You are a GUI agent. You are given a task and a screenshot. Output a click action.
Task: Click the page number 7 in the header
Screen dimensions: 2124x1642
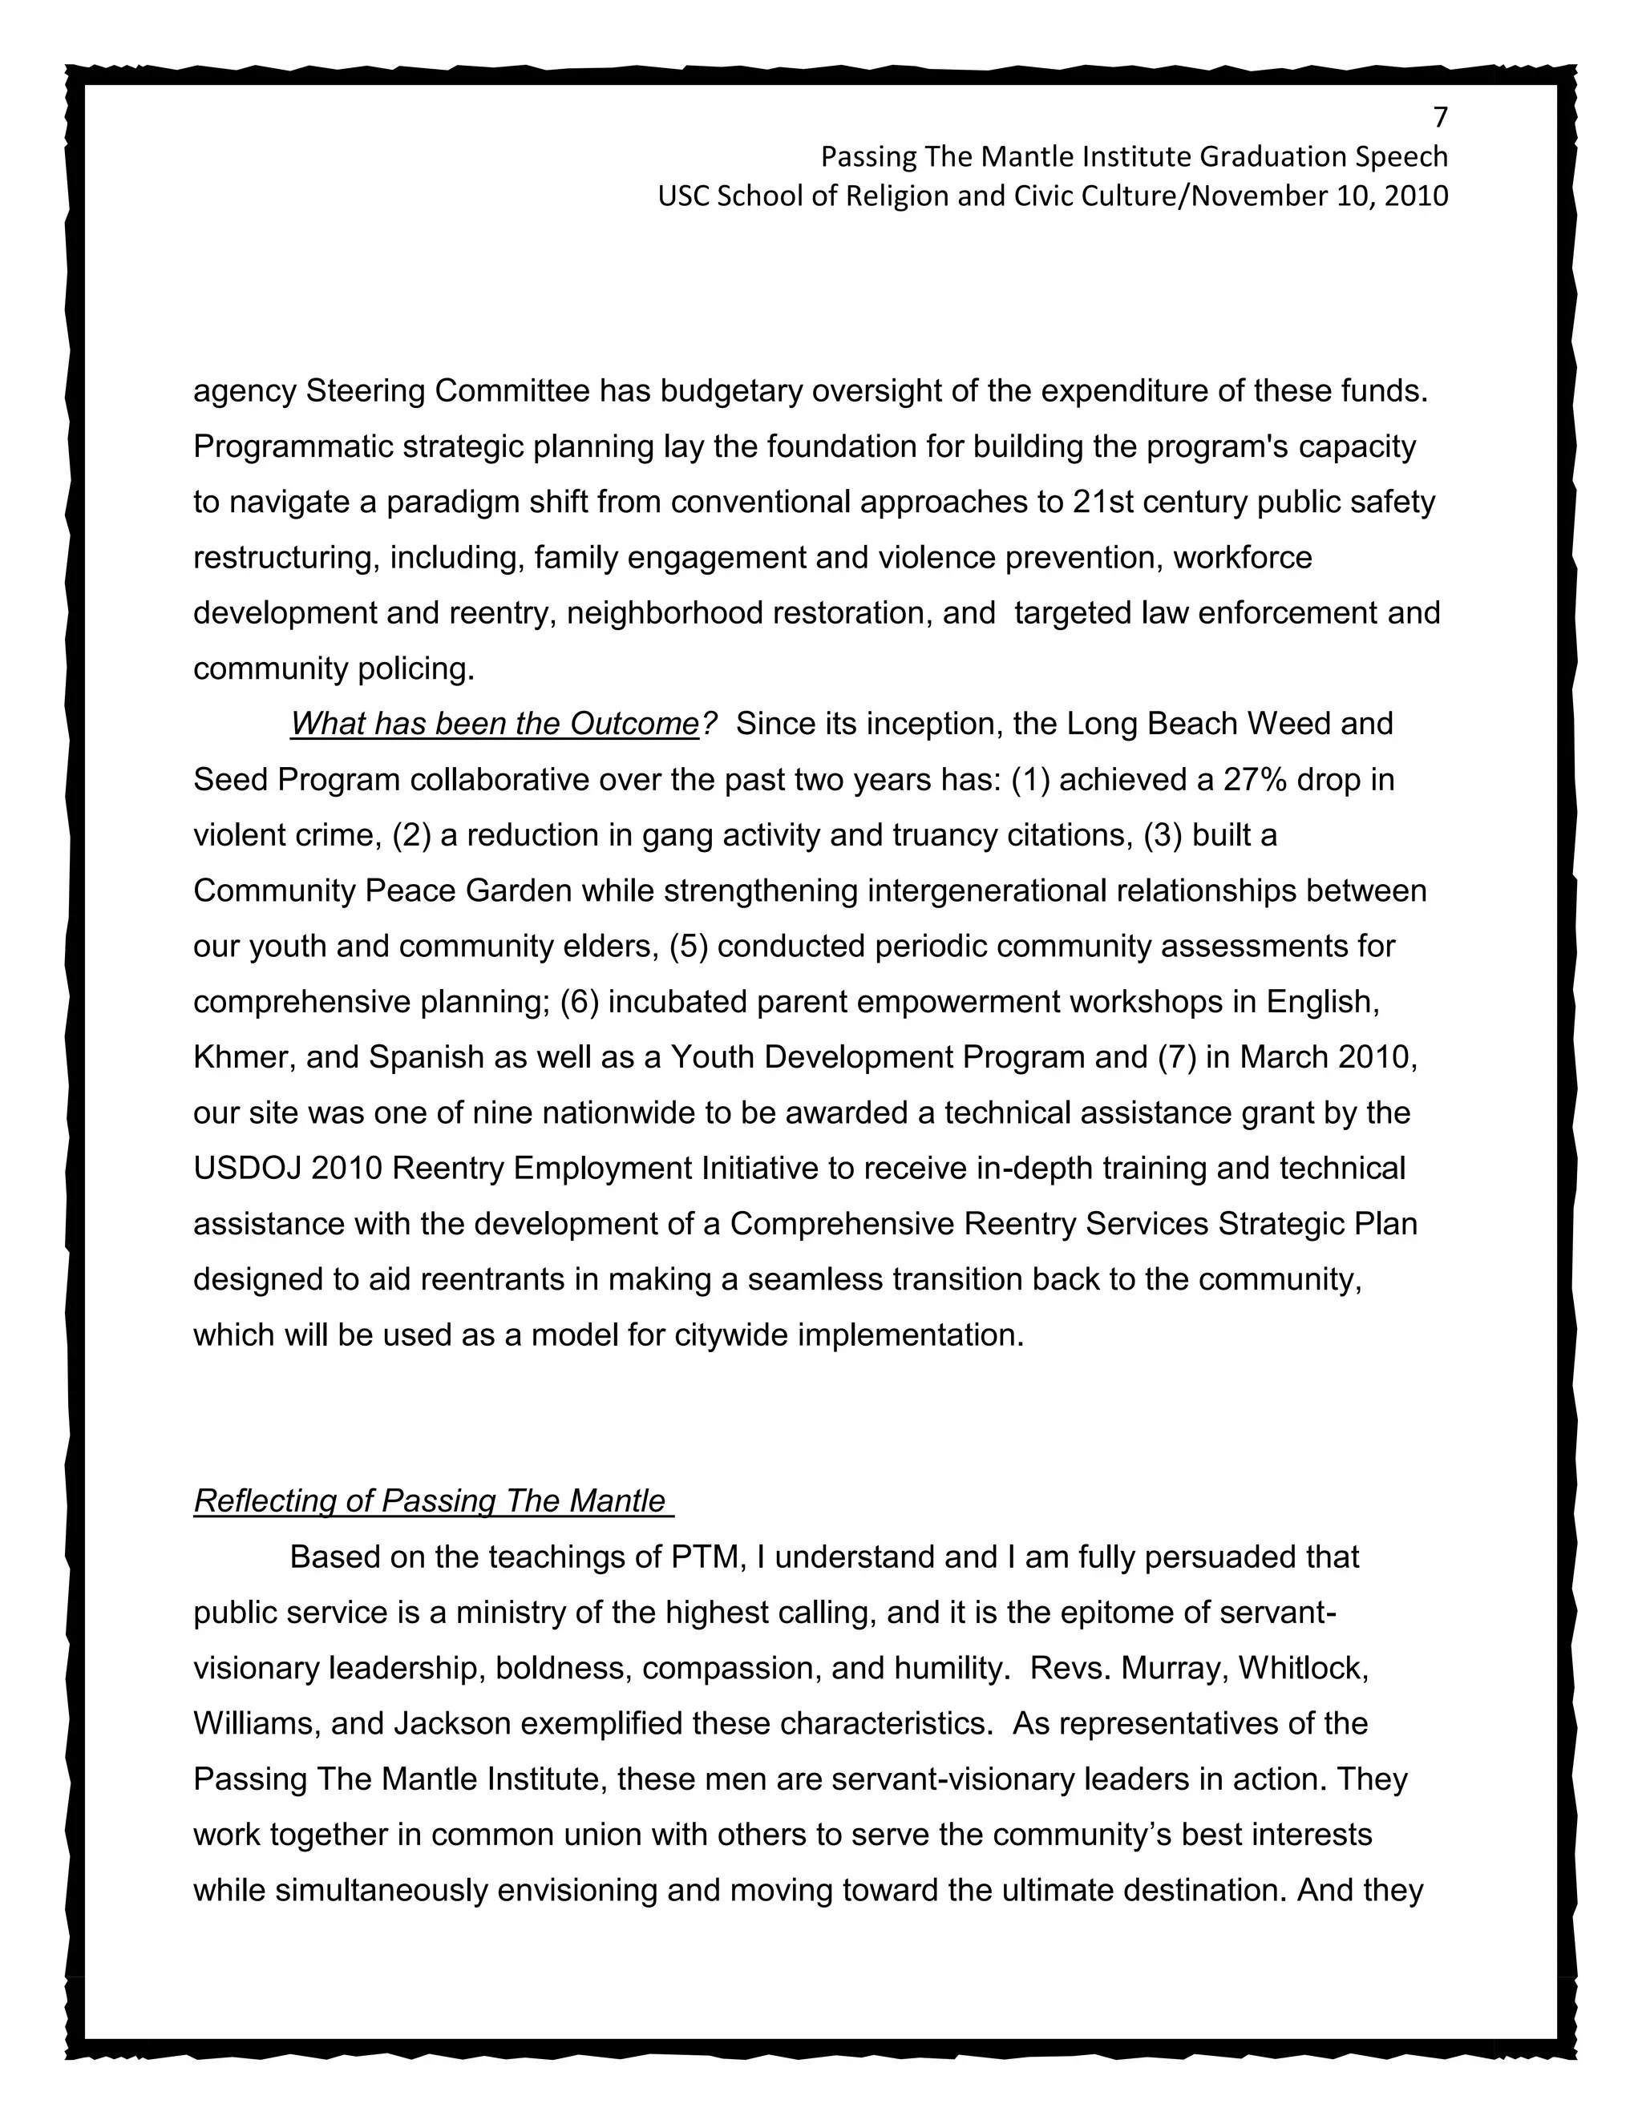[1441, 118]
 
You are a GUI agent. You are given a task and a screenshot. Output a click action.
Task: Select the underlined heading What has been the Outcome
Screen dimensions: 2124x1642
[494, 724]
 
